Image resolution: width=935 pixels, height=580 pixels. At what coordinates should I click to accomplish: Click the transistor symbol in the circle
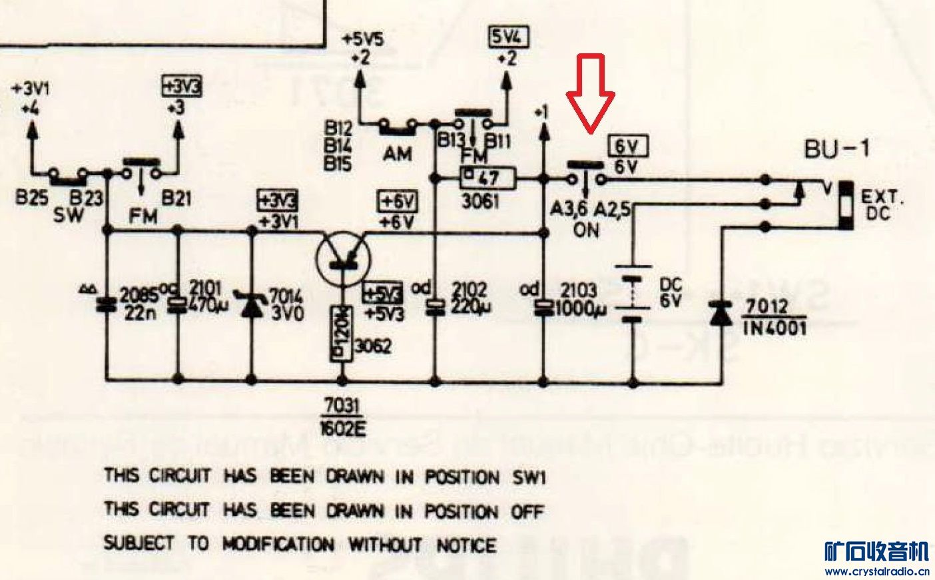tap(344, 259)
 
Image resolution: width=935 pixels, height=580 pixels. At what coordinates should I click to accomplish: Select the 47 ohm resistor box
tap(487, 178)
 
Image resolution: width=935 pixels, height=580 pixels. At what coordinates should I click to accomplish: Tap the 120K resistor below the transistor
tap(342, 333)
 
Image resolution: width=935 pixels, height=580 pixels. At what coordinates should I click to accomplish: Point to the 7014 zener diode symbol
tap(252, 305)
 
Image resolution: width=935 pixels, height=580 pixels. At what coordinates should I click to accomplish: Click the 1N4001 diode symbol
tap(721, 313)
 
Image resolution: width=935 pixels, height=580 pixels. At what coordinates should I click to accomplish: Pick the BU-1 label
tap(836, 149)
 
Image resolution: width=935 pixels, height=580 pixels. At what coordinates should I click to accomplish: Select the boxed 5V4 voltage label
tap(508, 39)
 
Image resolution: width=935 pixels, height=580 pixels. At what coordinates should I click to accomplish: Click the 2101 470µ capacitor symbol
tap(176, 305)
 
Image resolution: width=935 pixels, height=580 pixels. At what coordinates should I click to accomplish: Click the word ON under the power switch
tap(586, 230)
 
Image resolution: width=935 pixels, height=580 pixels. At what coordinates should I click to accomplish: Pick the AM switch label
tap(398, 154)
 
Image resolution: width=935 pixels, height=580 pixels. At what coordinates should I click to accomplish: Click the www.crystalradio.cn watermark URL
tap(876, 571)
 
